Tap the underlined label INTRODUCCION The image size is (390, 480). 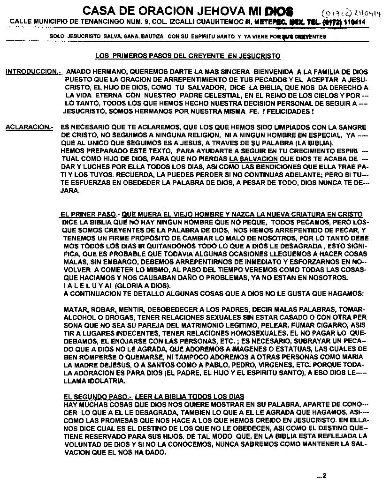tap(33, 72)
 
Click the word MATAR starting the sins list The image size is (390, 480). tap(74, 310)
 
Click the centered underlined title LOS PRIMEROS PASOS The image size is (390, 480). tap(188, 56)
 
